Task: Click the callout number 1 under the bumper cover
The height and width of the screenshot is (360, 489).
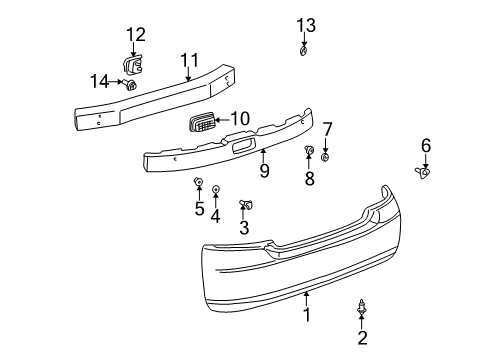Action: pos(307,315)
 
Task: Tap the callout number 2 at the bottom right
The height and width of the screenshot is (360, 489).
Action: pos(362,337)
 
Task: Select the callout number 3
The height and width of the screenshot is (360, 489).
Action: pos(243,228)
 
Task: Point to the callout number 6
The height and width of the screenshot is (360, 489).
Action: pos(426,146)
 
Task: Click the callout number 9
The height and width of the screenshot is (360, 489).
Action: pos(264,170)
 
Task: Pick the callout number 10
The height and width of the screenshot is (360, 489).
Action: pos(239,118)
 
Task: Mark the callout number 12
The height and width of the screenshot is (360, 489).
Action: pos(135,35)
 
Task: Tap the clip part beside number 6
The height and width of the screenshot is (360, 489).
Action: pos(424,172)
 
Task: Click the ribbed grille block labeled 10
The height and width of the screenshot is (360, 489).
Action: pos(202,124)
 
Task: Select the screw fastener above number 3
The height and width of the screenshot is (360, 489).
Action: pos(245,205)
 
